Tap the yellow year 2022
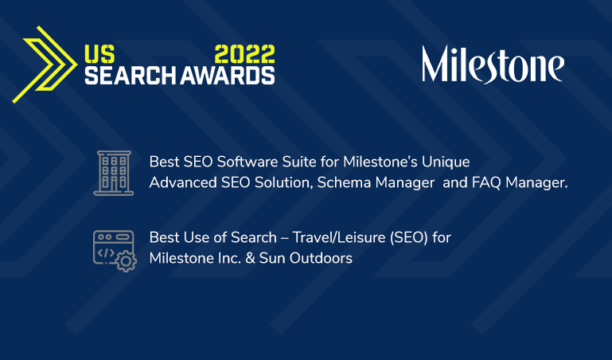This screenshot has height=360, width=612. tap(245, 54)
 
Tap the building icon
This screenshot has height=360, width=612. tap(113, 171)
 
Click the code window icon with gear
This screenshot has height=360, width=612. tap(114, 248)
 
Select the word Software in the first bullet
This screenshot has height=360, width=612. tap(237, 161)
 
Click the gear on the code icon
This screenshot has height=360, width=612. tap(125, 260)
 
